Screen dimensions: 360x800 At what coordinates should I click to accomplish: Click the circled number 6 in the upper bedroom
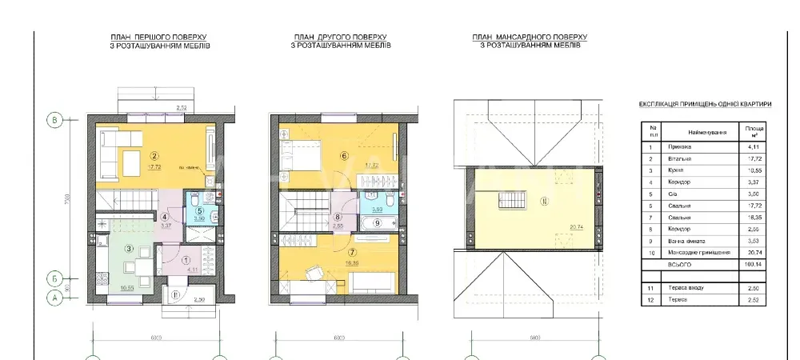point(345,157)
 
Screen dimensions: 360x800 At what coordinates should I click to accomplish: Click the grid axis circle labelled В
point(54,121)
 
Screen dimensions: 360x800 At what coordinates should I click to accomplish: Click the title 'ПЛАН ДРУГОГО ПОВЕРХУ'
point(340,37)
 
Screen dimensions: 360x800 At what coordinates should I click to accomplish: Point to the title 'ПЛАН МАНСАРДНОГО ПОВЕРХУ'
point(530,37)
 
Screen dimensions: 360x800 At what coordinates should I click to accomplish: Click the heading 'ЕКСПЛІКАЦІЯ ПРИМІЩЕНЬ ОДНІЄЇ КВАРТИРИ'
point(706,104)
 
